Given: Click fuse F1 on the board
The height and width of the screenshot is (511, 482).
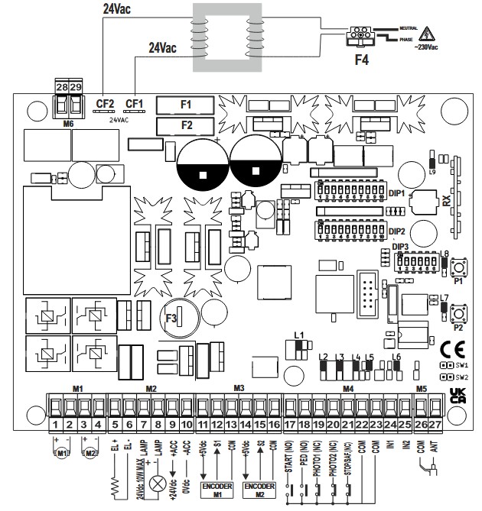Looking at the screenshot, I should tap(185, 104).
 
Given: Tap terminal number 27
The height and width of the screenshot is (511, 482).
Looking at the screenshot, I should tap(435, 422).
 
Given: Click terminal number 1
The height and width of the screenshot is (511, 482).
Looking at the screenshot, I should tap(56, 422).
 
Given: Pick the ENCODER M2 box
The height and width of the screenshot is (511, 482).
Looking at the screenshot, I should tap(259, 488).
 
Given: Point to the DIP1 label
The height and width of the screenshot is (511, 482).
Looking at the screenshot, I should tap(396, 194).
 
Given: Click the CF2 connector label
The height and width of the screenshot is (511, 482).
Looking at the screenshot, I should tap(105, 103).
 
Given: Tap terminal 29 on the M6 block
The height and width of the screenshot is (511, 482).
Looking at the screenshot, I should tap(75, 88).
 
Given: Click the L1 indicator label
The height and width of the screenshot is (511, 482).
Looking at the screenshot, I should tap(299, 335).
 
